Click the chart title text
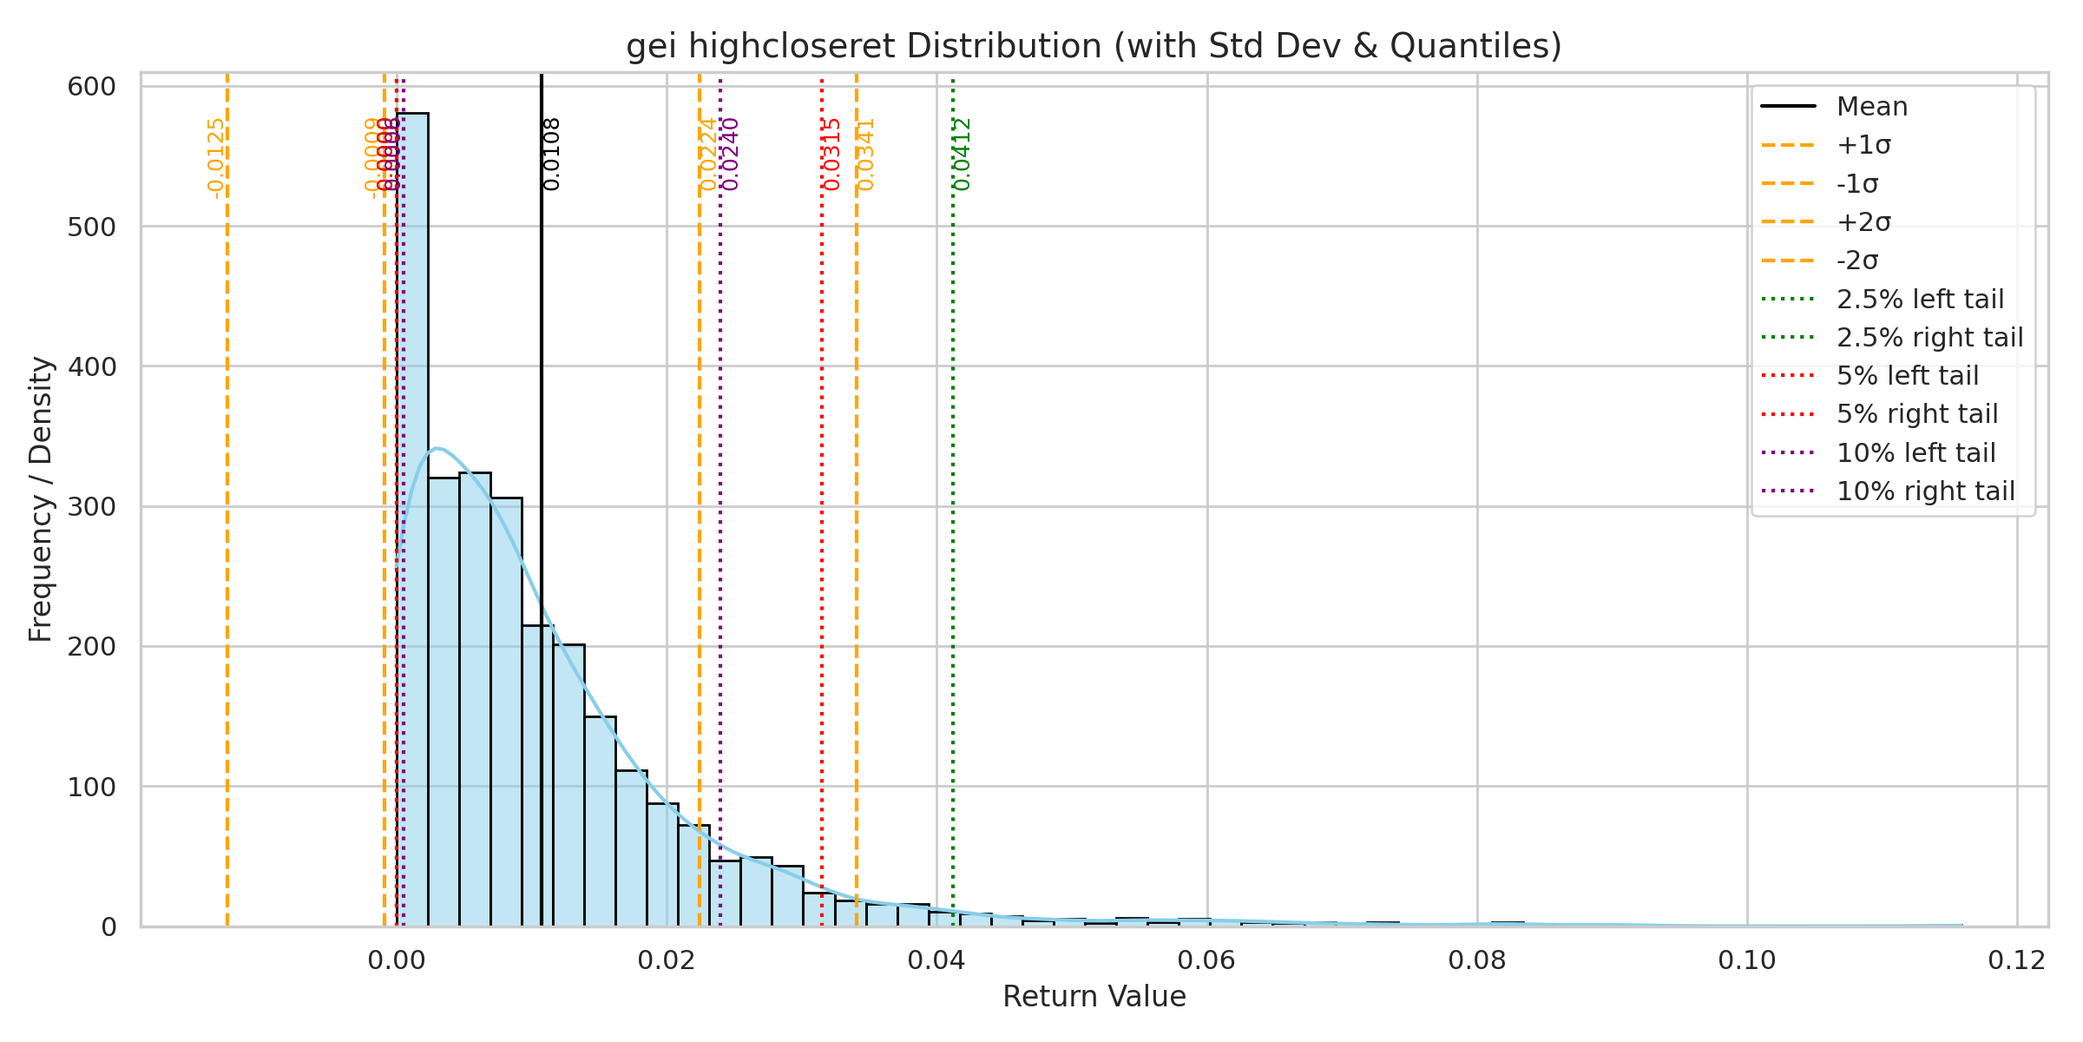(x=1094, y=46)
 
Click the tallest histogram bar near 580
(x=412, y=521)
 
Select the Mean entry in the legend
(x=1872, y=107)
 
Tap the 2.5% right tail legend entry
(x=1929, y=337)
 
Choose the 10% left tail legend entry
(x=1915, y=452)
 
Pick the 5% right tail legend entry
(x=1916, y=414)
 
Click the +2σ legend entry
(x=1863, y=222)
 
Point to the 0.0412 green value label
(x=963, y=154)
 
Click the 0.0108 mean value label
(x=552, y=154)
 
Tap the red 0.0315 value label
(x=832, y=154)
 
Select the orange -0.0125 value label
(x=216, y=157)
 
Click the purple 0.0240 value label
(x=731, y=154)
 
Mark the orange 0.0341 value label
(x=866, y=154)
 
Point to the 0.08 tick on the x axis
(x=1477, y=960)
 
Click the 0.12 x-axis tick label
(x=2017, y=960)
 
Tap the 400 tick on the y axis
(x=91, y=366)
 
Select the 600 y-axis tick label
(x=91, y=87)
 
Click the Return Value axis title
(x=1094, y=996)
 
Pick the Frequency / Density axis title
(x=41, y=498)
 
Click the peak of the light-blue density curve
(x=437, y=448)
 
